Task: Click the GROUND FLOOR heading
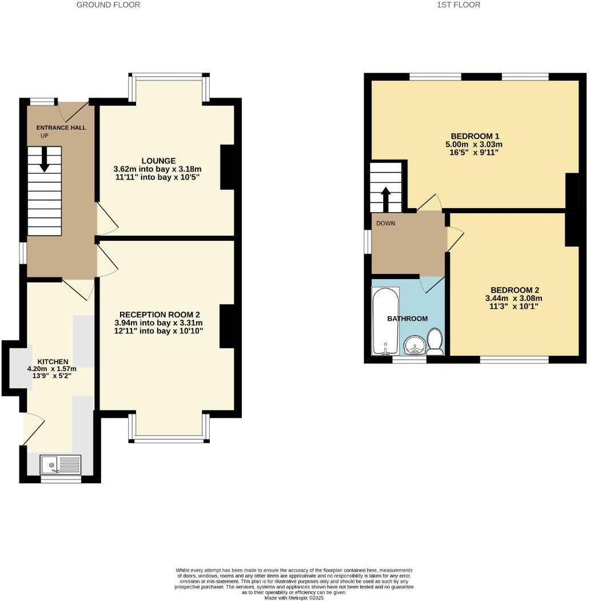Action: [108, 5]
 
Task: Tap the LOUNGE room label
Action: [160, 161]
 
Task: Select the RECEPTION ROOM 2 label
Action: [160, 315]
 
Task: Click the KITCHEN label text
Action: [53, 362]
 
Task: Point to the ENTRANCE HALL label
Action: [61, 128]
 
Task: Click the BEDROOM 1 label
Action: [475, 136]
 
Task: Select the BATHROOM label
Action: [407, 319]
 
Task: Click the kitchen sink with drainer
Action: [61, 464]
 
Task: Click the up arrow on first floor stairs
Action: [386, 198]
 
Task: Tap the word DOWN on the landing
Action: [385, 224]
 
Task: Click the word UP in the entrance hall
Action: [44, 136]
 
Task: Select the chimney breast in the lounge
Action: [228, 167]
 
